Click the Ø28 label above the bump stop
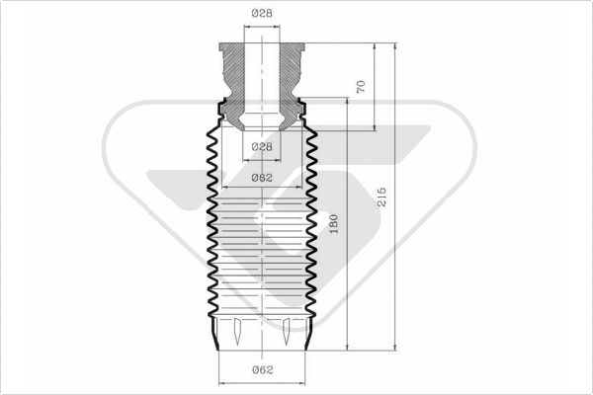coord(262,13)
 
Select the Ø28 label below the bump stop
coord(262,146)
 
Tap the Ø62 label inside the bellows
coord(262,178)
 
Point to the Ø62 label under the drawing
coord(262,369)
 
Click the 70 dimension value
coord(361,87)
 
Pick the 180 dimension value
coord(333,224)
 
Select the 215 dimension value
coord(381,197)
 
